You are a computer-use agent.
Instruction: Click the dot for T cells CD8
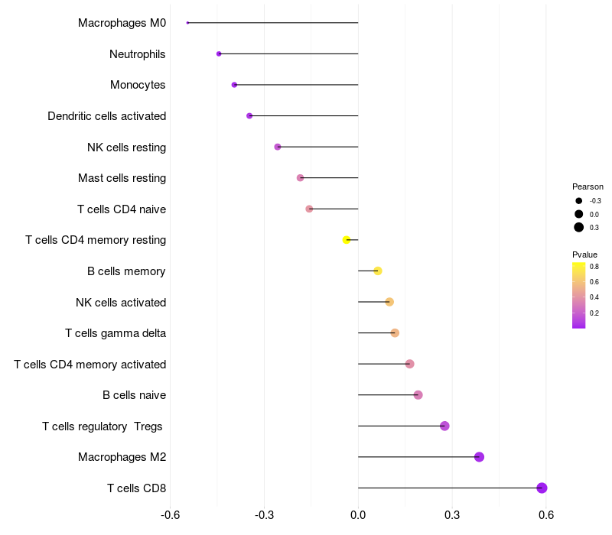(x=542, y=488)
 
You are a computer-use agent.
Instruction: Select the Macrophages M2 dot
(x=479, y=456)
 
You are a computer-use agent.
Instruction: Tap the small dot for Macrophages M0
(x=187, y=23)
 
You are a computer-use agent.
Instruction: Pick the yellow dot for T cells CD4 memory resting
(x=347, y=240)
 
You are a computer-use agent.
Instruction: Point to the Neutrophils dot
(x=219, y=53)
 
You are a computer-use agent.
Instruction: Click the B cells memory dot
(x=377, y=271)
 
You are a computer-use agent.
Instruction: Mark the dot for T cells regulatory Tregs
(x=444, y=426)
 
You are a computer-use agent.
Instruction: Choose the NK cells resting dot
(x=278, y=147)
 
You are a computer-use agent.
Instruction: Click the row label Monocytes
(x=138, y=85)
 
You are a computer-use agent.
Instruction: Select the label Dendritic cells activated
(x=107, y=116)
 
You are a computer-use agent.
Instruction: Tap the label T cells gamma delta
(x=116, y=333)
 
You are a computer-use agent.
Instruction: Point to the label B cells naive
(x=135, y=395)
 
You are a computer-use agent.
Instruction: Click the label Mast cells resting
(x=122, y=178)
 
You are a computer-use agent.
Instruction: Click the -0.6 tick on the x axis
(x=170, y=515)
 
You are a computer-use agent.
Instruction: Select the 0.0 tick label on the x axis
(x=358, y=515)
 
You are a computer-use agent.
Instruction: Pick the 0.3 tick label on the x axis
(x=452, y=515)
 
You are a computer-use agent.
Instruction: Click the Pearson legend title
(x=588, y=186)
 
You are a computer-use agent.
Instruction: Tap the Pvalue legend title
(x=584, y=255)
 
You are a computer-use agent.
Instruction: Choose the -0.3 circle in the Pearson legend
(x=578, y=201)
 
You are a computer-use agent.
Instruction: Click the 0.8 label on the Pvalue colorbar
(x=594, y=267)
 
